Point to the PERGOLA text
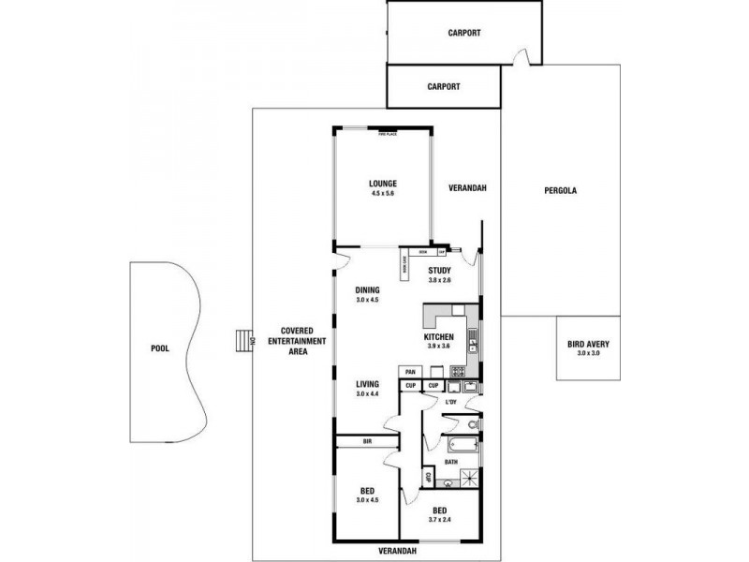560,191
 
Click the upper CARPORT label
465,32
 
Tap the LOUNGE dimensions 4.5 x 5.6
382,194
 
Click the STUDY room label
440,270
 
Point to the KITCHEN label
438,336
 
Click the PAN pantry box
410,372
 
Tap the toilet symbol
473,427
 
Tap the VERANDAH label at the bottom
398,550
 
